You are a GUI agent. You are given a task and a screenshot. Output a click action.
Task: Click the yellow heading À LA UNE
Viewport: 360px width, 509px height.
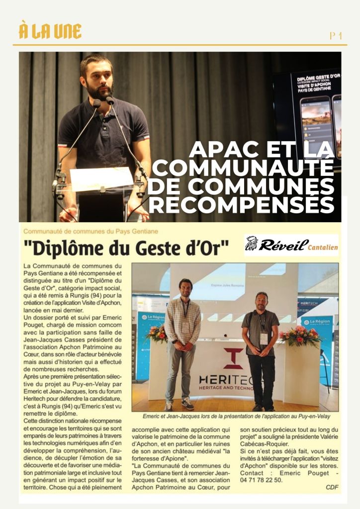click(50, 31)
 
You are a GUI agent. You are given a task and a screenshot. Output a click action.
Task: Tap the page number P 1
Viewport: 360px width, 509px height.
click(336, 35)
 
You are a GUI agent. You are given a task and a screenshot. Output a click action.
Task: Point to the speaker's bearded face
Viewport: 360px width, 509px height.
click(98, 79)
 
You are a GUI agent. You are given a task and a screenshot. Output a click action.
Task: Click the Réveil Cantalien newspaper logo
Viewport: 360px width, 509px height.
click(291, 245)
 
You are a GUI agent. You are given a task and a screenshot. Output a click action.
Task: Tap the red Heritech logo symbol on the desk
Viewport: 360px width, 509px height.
click(233, 358)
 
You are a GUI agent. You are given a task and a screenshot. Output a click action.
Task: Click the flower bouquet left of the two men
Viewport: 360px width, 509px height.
click(157, 334)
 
